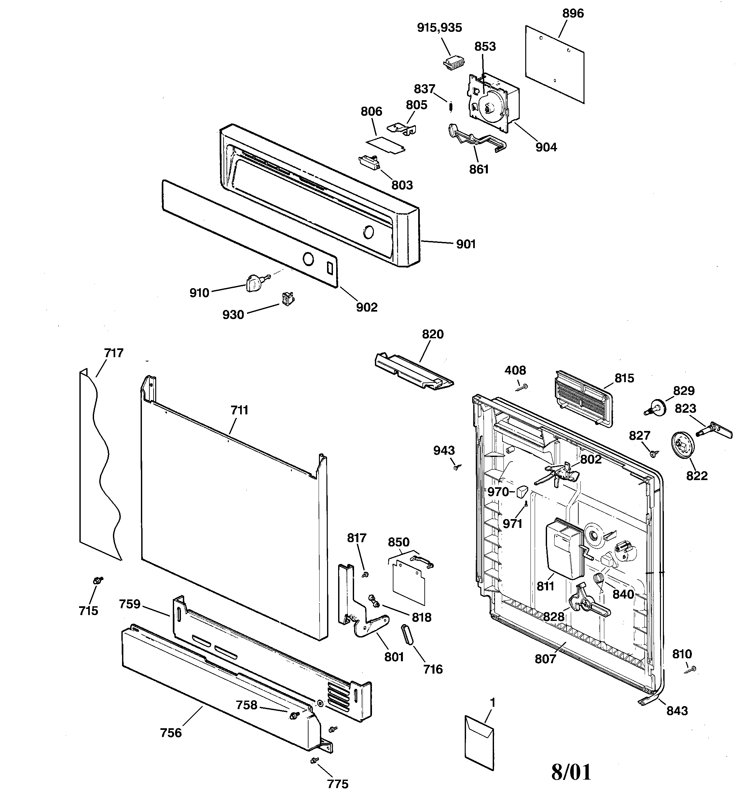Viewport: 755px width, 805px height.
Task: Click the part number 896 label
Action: point(573,14)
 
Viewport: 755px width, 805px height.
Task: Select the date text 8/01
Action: point(571,772)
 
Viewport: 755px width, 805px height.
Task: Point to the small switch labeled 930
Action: point(288,299)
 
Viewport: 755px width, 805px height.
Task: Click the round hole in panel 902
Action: point(309,259)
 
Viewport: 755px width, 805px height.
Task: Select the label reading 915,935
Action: point(439,28)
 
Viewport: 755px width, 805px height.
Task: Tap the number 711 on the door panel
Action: point(239,410)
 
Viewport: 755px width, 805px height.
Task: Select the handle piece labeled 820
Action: point(413,372)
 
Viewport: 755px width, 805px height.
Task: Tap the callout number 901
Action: point(466,244)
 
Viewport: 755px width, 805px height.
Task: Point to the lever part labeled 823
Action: point(715,431)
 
